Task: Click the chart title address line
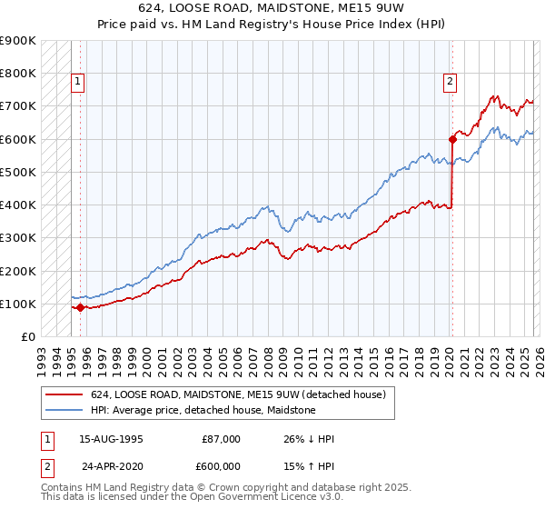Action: click(272, 9)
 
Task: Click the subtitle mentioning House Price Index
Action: click(272, 25)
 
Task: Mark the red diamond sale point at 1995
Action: click(80, 307)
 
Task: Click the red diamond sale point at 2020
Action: click(451, 139)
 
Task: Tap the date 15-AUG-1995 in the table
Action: click(111, 439)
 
